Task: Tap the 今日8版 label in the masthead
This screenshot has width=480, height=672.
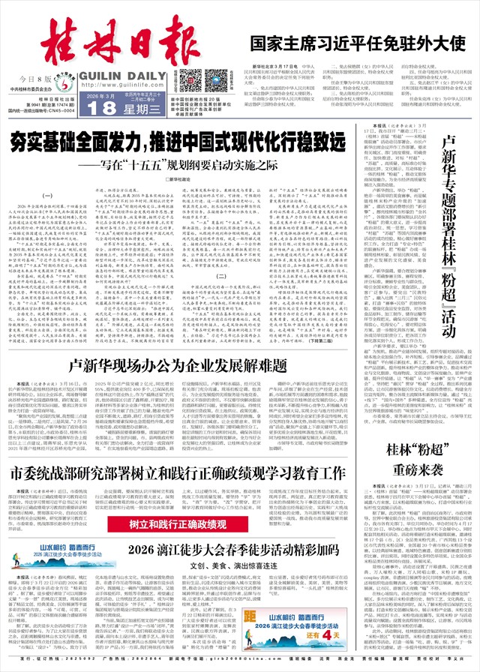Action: [x=37, y=78]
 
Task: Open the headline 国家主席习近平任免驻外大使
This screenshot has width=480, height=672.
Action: [x=357, y=43]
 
